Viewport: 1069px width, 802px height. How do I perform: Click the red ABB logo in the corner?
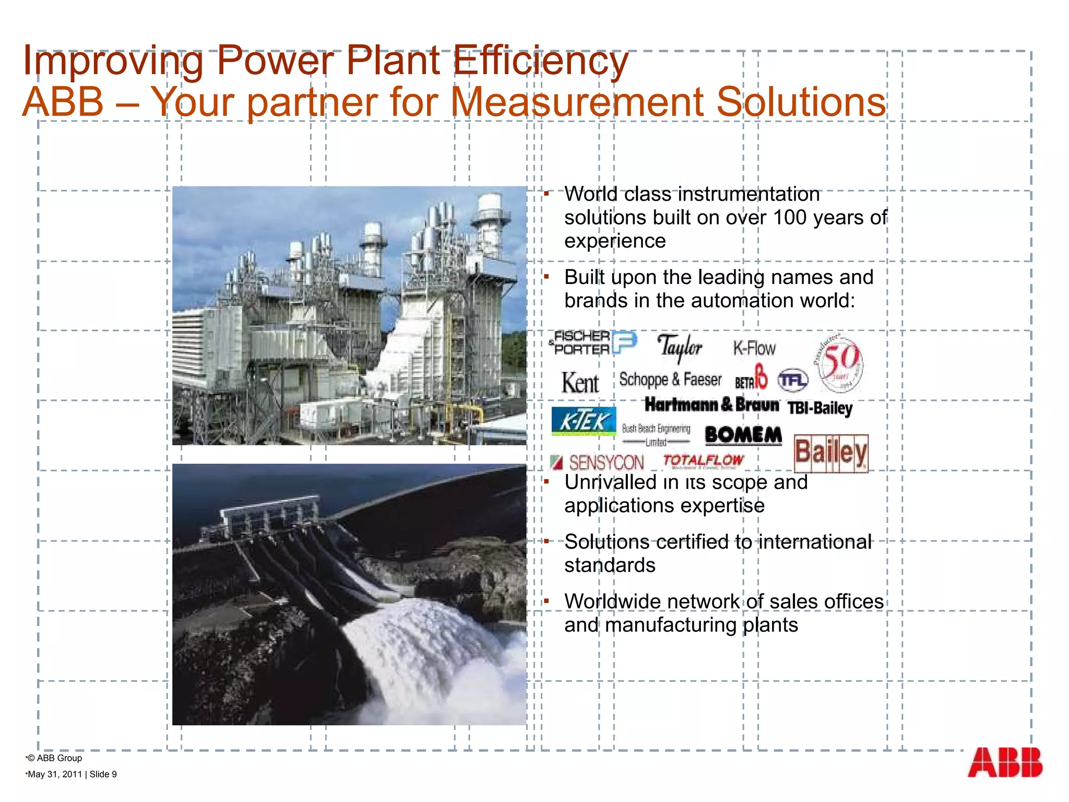click(x=1004, y=763)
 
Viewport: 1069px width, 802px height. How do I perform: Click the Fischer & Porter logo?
click(x=592, y=343)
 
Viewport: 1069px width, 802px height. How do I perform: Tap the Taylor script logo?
click(x=679, y=347)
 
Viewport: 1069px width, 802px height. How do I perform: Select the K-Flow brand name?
click(x=754, y=348)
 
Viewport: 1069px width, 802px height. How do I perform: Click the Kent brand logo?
click(x=580, y=383)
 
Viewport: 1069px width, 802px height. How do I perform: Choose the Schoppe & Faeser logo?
click(x=670, y=380)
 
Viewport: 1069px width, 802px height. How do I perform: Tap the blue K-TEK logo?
click(x=584, y=421)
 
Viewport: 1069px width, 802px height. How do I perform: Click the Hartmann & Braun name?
click(x=711, y=405)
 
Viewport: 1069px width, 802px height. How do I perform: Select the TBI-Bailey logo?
click(x=819, y=408)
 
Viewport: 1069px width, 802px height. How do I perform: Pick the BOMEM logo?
click(x=743, y=435)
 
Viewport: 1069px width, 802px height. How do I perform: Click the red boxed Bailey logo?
click(x=831, y=453)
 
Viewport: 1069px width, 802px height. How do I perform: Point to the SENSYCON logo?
click(x=598, y=463)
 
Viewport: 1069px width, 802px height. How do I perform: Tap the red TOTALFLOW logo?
click(x=703, y=461)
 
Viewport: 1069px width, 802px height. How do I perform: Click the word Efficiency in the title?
click(x=541, y=62)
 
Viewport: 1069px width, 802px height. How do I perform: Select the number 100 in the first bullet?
click(x=790, y=218)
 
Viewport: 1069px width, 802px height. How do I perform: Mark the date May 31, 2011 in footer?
click(x=55, y=774)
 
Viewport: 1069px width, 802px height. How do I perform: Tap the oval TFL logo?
click(x=792, y=380)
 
